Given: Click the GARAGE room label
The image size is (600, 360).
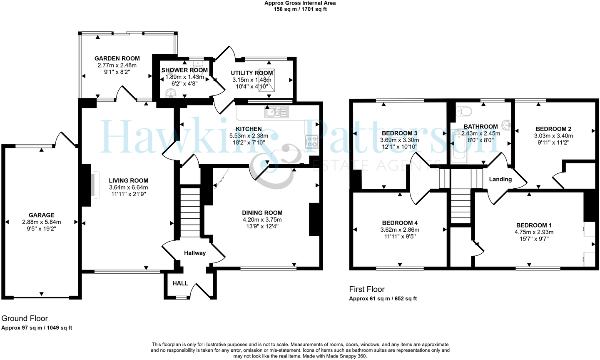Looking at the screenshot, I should pos(41,215).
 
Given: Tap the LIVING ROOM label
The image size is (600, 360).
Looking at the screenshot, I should pos(128,180).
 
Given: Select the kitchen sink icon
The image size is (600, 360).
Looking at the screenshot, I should pos(276,112).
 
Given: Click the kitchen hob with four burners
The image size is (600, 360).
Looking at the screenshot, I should pos(311,142).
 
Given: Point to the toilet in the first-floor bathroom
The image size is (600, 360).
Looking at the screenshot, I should pos(463,111).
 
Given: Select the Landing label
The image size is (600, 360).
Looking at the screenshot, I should pos(500,179).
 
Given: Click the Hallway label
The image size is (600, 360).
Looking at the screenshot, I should pos(195,253).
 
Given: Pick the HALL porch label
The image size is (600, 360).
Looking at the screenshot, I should pos(180,283).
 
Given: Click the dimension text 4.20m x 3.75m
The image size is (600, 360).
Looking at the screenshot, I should pos(262,220).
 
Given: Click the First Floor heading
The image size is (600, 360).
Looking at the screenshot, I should pos(366,289).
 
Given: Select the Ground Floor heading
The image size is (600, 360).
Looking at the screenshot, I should pos(25,319).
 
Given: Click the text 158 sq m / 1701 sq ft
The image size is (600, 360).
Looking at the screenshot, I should pos(300,9).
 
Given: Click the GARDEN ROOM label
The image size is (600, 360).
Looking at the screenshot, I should pos(117,58).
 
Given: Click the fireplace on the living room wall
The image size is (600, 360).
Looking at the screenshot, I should pos(91,184).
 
